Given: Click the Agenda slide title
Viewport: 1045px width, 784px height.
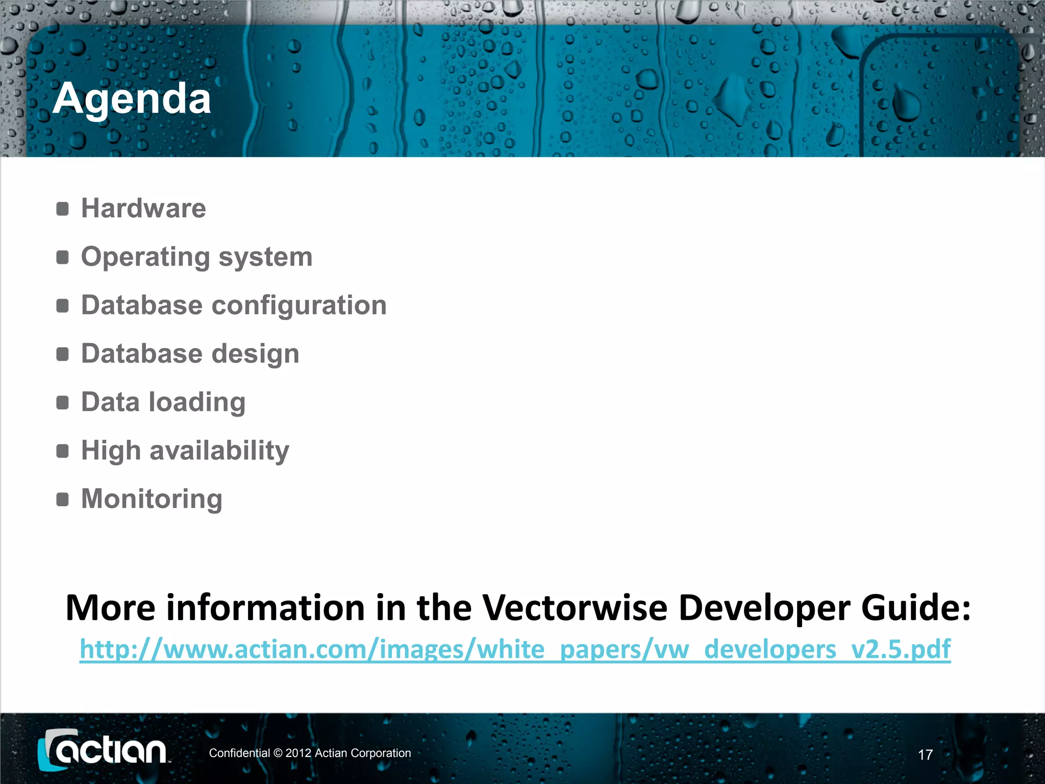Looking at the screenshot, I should click(x=132, y=98).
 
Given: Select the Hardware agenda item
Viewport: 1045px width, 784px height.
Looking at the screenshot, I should click(x=143, y=208).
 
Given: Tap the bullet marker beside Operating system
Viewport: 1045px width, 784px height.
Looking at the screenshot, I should click(x=62, y=257).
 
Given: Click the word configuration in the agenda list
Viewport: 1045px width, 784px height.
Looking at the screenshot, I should click(x=299, y=306).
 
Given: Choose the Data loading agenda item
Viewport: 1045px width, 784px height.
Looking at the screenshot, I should click(x=163, y=402).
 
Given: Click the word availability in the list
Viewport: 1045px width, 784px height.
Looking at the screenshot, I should click(x=219, y=451).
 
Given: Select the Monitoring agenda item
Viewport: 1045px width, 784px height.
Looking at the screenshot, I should click(x=152, y=499).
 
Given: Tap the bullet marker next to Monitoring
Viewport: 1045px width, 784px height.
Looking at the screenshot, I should click(x=62, y=499).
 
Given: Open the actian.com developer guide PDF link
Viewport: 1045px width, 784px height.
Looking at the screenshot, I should click(x=515, y=650).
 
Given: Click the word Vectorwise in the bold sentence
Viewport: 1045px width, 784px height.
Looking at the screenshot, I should click(x=575, y=608).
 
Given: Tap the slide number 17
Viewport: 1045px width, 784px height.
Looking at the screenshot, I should click(x=925, y=754).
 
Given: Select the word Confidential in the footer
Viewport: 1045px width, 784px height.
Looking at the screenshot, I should click(x=239, y=753).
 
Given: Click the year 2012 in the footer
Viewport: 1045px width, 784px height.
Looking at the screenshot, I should click(x=298, y=753).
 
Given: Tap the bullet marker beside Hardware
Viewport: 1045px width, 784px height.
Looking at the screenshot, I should click(x=62, y=209).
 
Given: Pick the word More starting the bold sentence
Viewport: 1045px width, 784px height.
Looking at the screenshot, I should click(x=110, y=608).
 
